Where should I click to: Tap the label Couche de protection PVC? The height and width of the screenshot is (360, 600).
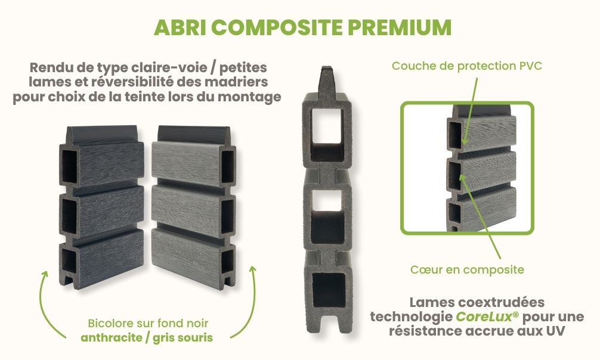click(x=466, y=66)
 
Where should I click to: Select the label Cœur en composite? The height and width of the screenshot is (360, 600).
click(x=467, y=270)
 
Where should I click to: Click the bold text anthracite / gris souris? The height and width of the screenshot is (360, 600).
click(x=147, y=337)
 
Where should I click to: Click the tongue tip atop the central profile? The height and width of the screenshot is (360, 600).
click(x=326, y=76)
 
